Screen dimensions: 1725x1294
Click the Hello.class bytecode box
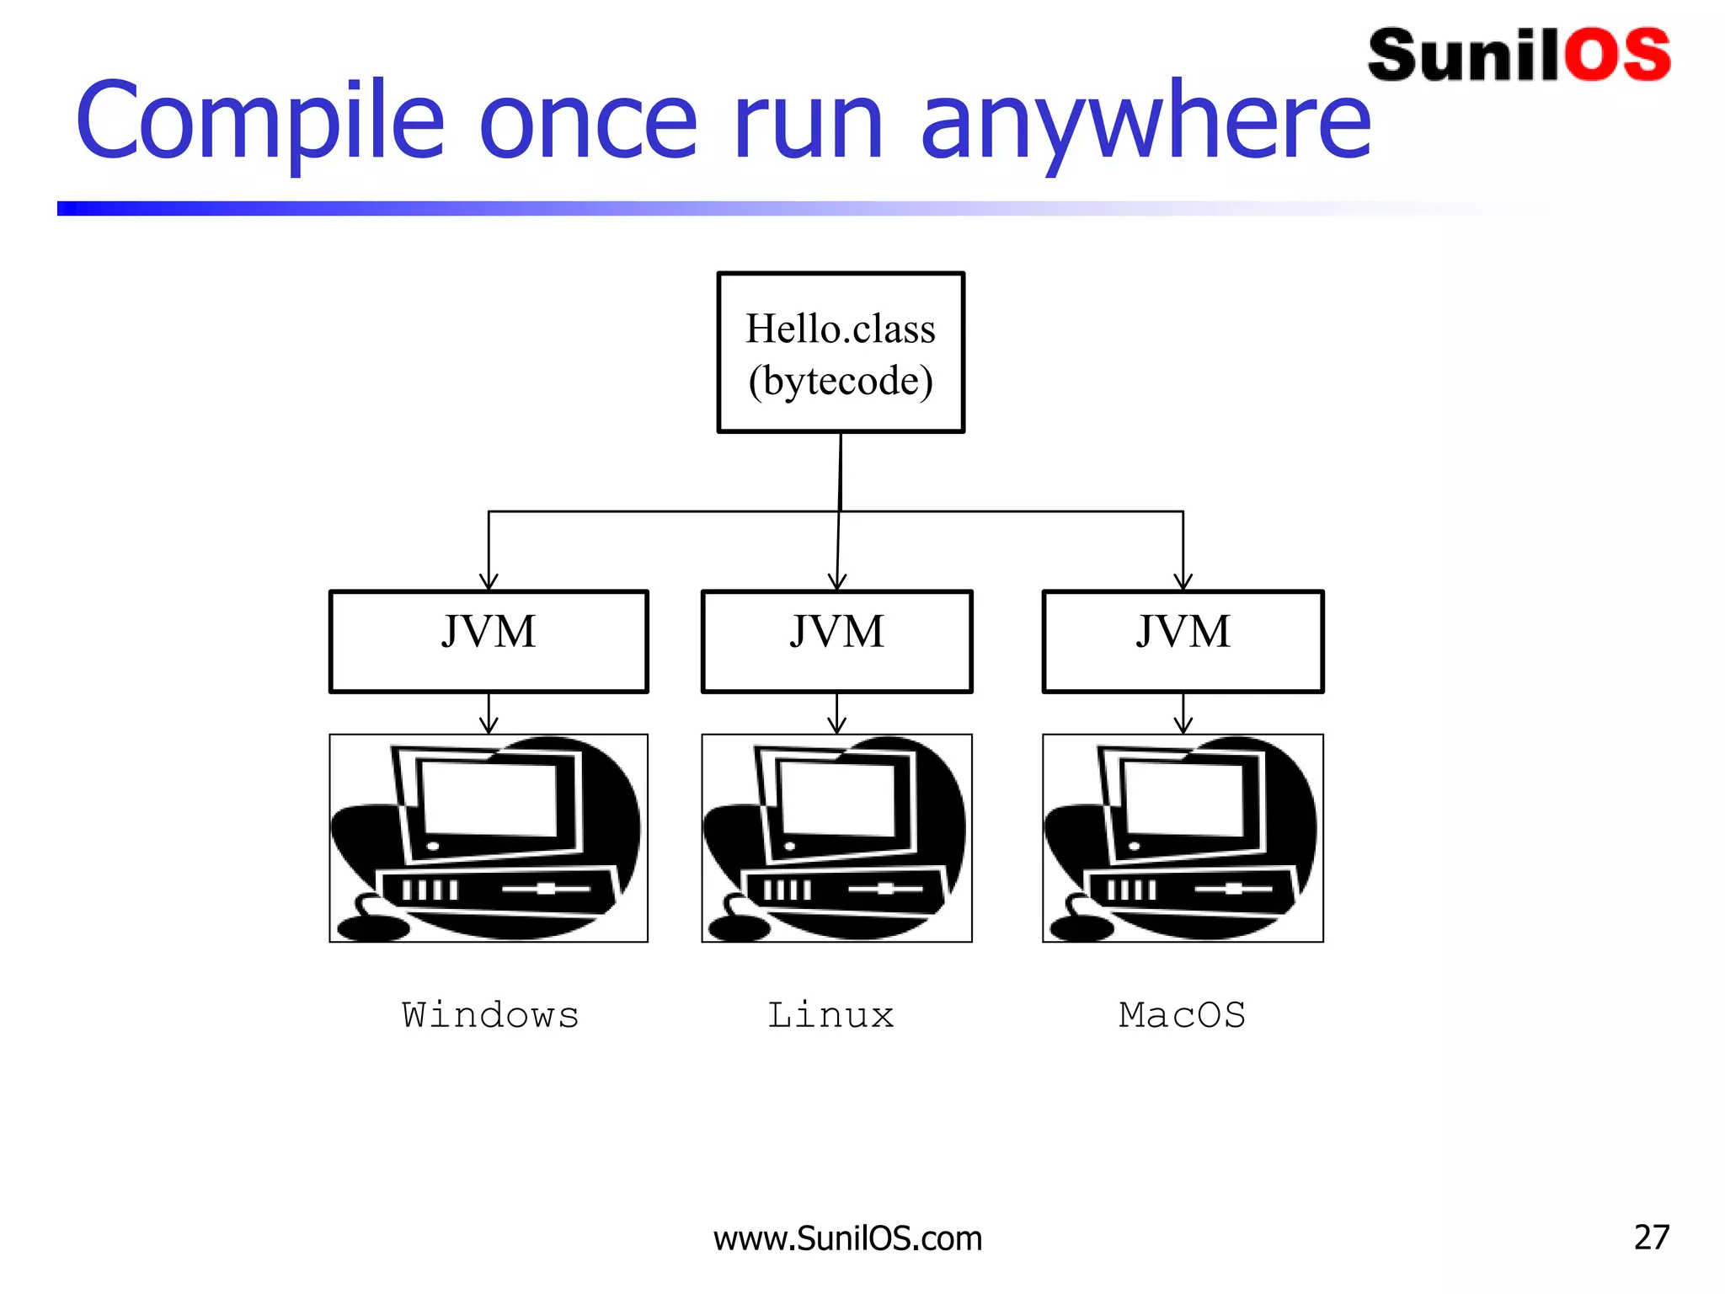point(841,352)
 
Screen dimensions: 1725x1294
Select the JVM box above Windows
point(489,641)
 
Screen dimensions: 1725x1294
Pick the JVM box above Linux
point(836,641)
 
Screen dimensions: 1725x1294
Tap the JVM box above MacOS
point(1183,641)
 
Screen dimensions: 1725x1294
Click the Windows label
point(490,1015)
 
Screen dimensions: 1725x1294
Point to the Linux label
point(830,1015)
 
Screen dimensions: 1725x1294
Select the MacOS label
point(1182,1015)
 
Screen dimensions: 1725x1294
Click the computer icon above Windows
point(489,838)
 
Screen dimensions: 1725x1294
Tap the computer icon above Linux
point(836,838)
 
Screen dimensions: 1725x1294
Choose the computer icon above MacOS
point(1183,838)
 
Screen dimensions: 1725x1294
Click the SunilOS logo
point(1519,56)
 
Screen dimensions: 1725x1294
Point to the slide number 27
point(1651,1238)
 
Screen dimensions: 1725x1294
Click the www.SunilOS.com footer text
point(847,1238)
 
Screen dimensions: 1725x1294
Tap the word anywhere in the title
point(1146,122)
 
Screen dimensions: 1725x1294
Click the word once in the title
point(588,122)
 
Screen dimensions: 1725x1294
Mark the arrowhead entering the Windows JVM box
point(489,582)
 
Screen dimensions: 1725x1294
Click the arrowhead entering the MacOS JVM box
point(1183,582)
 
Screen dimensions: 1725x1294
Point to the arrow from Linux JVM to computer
point(836,714)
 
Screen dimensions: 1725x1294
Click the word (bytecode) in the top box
point(841,381)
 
